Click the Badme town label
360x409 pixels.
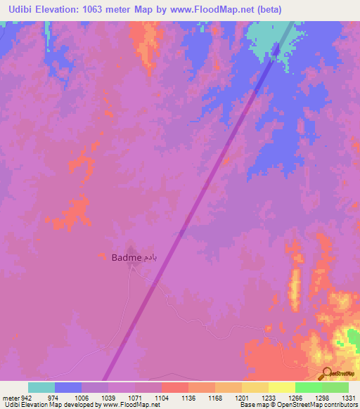[x=125, y=258]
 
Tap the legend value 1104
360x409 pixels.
[x=162, y=397]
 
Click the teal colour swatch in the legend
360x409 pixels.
[x=41, y=387]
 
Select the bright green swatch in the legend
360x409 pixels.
[x=309, y=387]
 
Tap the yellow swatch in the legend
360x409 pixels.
[x=282, y=387]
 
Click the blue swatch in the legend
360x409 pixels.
[x=68, y=387]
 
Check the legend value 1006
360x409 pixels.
[x=82, y=397]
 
